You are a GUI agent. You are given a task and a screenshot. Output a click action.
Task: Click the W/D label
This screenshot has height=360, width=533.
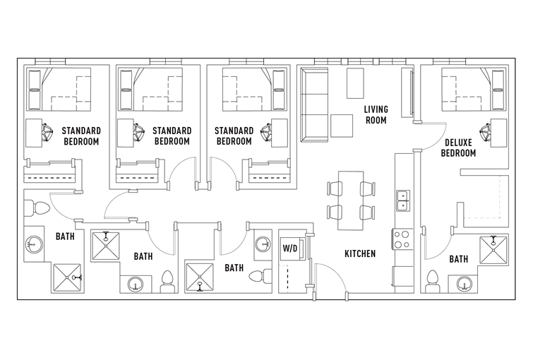[x=289, y=248]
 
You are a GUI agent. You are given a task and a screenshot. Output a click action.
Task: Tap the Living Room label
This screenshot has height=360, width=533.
[x=376, y=114]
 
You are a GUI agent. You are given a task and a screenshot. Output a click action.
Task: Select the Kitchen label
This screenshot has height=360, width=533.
[x=360, y=253]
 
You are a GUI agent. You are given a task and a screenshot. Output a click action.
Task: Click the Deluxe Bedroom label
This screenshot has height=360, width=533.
[x=458, y=148]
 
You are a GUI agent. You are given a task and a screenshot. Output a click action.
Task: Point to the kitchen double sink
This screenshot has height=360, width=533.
[x=403, y=201]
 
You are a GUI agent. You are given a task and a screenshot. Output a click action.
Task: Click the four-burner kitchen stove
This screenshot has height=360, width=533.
[x=403, y=239]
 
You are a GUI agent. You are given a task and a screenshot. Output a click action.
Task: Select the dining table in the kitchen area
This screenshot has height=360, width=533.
[x=351, y=200]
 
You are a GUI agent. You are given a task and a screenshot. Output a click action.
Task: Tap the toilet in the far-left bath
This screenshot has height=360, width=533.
[x=37, y=208]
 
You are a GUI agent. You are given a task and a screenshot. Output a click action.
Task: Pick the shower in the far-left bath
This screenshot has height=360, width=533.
[x=67, y=277]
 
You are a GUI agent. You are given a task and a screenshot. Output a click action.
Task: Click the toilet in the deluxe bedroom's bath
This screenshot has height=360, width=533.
[x=433, y=281]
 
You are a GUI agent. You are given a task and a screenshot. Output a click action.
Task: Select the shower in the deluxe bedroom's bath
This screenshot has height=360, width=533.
[x=493, y=250]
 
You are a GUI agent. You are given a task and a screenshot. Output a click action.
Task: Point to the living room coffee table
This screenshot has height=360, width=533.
[x=342, y=126]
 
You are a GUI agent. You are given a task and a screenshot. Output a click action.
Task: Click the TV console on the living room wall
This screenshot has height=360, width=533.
[x=407, y=92]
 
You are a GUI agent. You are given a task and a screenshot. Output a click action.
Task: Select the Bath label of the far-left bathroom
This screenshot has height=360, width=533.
[x=65, y=236]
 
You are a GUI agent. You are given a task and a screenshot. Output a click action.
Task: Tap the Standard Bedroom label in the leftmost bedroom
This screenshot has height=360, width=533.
[x=81, y=136]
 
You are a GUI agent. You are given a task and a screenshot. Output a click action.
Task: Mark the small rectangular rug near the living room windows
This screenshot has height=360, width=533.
[x=355, y=83]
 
